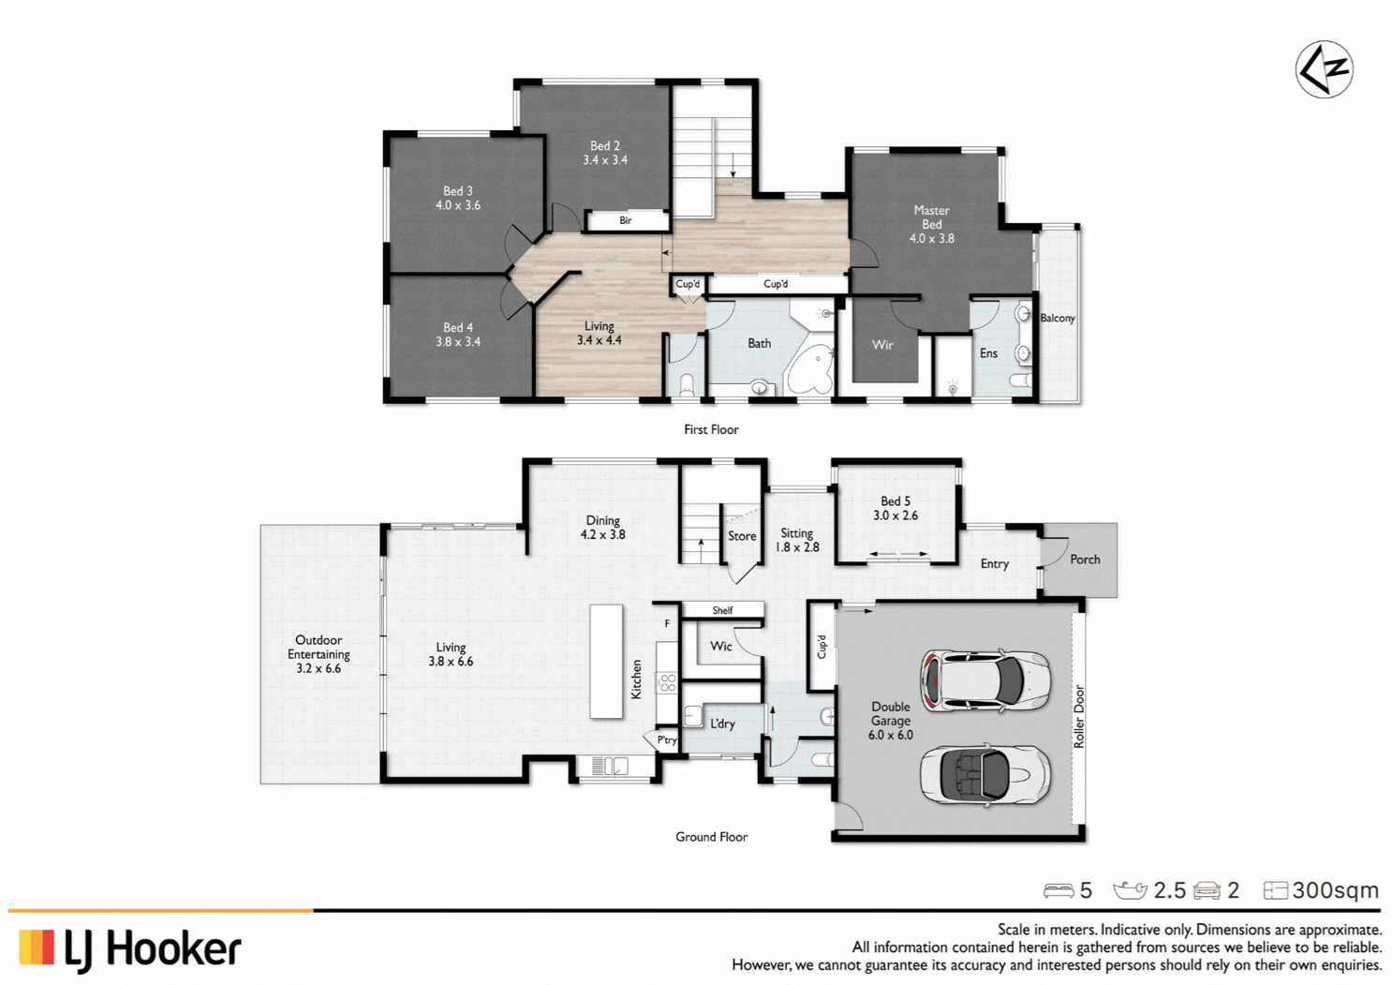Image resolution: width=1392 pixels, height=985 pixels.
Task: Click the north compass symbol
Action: coord(1324,69)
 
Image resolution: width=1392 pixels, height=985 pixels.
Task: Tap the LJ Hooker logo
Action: coord(130,948)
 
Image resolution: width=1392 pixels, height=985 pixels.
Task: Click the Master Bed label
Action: coord(931,217)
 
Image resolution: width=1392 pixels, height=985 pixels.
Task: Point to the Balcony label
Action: coord(1058,319)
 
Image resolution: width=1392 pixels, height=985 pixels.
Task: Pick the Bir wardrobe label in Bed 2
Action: coord(626,221)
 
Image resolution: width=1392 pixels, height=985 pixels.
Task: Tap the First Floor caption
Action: coord(711,430)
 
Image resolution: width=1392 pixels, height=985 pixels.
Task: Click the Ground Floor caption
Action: coord(711,837)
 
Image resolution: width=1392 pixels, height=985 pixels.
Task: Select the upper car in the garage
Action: coord(985,679)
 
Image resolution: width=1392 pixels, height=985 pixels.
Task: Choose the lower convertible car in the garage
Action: coord(985,774)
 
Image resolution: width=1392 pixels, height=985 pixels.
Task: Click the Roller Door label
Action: coord(1079,717)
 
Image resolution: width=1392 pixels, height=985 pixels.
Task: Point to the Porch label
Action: coord(1085,560)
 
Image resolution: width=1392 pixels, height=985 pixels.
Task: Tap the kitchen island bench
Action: coord(606,662)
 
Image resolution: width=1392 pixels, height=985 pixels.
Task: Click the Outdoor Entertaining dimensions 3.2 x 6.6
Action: coord(318,669)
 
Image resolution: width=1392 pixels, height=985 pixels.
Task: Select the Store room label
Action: coord(742,537)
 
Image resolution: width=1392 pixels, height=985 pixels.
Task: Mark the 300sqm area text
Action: coord(1335,890)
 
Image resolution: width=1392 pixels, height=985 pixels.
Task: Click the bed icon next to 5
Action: coord(1059,890)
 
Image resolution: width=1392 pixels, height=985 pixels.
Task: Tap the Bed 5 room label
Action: coord(896,501)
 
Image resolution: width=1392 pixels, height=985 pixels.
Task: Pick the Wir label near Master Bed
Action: coord(882,345)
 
